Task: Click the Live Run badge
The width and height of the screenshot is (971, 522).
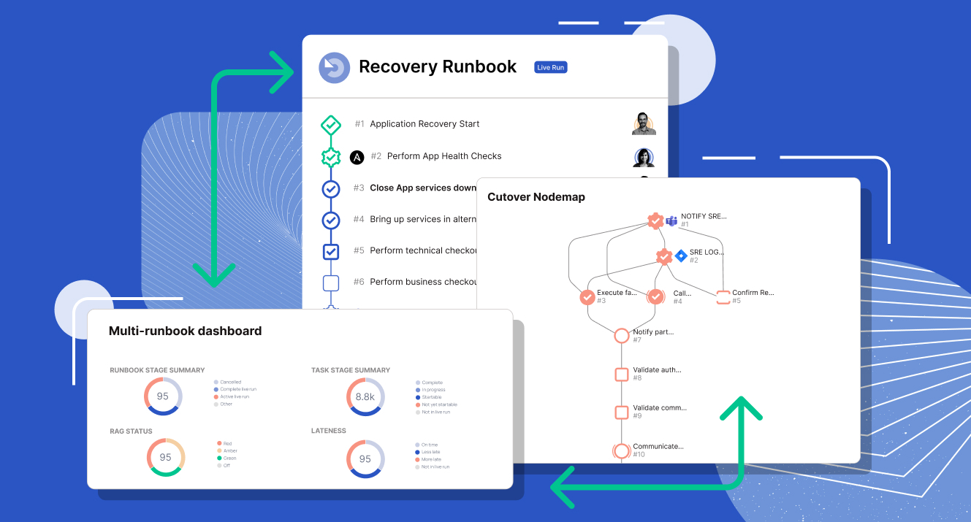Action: point(550,67)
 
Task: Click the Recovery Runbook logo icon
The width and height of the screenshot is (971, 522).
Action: point(335,68)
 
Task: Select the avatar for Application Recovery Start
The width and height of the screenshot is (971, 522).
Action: point(644,123)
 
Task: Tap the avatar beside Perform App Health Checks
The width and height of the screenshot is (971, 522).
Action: point(644,157)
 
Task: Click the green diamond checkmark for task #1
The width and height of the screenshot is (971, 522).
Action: point(331,125)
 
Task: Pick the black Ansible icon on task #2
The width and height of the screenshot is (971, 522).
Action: point(357,157)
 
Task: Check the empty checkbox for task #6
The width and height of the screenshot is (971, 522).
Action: point(331,283)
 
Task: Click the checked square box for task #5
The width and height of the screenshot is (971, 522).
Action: point(331,251)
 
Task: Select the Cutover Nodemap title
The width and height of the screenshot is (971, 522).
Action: point(536,197)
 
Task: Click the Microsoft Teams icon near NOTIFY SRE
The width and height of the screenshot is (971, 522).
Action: point(671,220)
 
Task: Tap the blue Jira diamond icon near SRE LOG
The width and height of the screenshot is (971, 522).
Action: point(681,256)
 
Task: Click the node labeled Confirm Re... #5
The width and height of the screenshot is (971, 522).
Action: point(723,297)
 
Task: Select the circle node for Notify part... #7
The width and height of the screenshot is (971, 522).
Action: point(622,336)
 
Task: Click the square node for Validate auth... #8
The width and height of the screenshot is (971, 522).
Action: point(622,375)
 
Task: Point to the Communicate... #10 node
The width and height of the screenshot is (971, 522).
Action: point(622,451)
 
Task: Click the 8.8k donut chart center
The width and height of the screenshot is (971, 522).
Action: point(365,397)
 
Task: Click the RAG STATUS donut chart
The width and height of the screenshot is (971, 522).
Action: point(165,458)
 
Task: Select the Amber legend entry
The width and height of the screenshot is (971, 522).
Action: point(229,450)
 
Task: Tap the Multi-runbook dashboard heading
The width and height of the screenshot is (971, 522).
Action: point(185,331)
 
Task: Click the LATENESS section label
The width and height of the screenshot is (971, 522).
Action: point(329,431)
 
